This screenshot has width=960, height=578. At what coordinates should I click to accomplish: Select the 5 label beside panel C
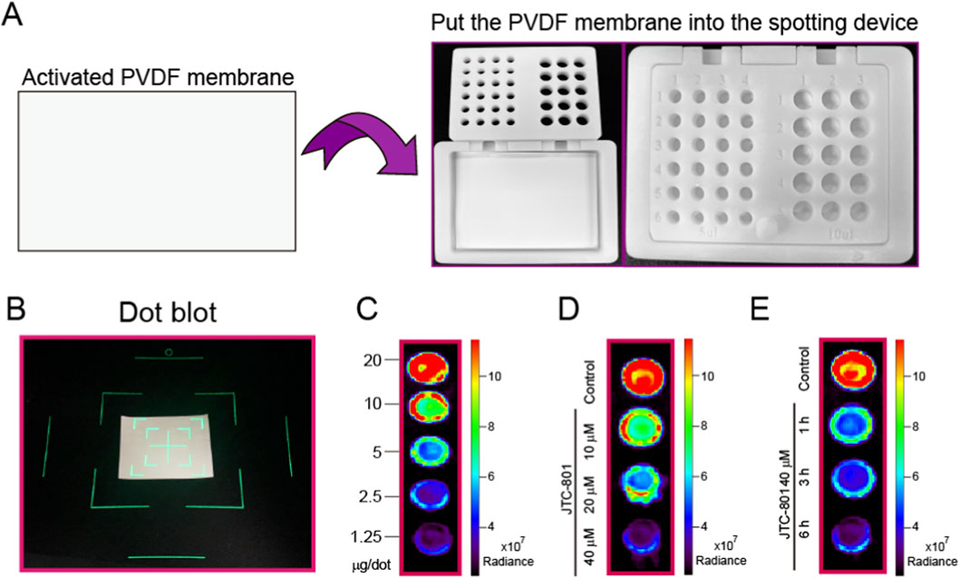point(373,450)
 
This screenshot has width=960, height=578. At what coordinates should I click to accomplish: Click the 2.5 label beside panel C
point(369,496)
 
